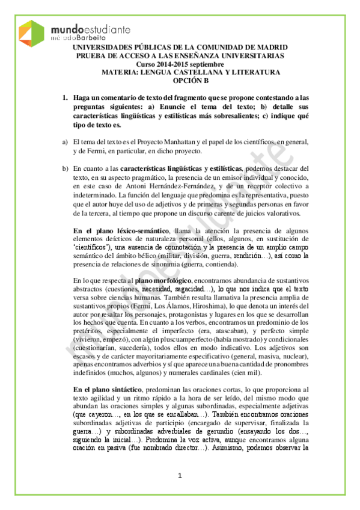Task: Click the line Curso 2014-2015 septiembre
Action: [x=180, y=64]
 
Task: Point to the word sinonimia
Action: [x=162, y=264]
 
